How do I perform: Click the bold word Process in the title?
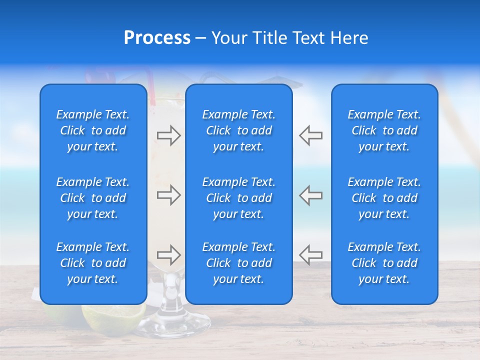coord(157,38)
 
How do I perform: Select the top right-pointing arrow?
coord(168,135)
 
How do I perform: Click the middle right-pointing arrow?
coord(168,195)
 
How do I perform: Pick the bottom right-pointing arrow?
coord(168,255)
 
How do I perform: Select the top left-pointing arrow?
coord(310,135)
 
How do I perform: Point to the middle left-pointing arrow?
coord(310,195)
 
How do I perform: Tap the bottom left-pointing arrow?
coord(310,255)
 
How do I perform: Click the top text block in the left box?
coord(93,130)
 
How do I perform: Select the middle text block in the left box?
coord(93,198)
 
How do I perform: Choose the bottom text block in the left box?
coord(93,263)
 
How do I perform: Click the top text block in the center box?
coord(239,130)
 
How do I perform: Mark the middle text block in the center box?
coord(239,198)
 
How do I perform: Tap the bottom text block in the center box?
coord(239,263)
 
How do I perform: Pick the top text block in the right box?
coord(384,130)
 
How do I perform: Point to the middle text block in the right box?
coord(384,198)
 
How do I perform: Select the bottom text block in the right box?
coord(384,263)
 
